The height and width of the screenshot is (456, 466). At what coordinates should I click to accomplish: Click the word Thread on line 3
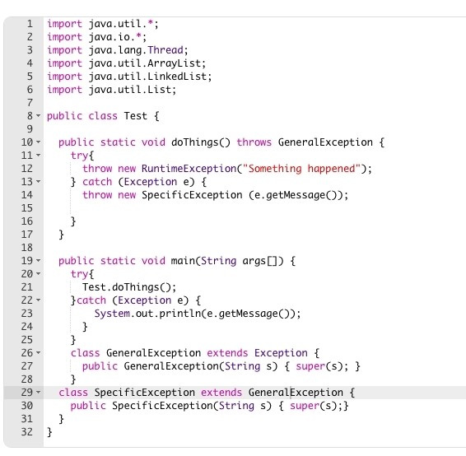coord(165,50)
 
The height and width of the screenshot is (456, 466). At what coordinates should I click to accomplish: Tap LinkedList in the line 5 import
coord(177,77)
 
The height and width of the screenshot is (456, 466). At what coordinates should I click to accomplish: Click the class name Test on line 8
coord(136,115)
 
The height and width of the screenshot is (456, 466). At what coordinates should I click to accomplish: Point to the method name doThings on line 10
coord(195,142)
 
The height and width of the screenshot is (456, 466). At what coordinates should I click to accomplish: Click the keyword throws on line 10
coord(254,142)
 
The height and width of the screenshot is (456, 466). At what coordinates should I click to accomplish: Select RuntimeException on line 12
coord(189,169)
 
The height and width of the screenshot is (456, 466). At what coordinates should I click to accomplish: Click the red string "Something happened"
coord(301,169)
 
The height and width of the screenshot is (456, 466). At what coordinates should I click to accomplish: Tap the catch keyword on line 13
coord(97,182)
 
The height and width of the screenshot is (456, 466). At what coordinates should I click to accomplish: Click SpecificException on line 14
coord(192,195)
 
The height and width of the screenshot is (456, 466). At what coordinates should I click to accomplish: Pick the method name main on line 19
coord(183,261)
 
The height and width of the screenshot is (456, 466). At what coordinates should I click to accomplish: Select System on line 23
coord(112,314)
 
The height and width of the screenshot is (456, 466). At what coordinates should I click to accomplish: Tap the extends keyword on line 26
coord(227,353)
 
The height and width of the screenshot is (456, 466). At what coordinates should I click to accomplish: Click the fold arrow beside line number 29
coord(39,393)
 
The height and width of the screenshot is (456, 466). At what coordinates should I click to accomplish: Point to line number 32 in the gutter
coord(26,431)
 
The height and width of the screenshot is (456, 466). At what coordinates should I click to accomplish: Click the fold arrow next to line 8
coord(39,115)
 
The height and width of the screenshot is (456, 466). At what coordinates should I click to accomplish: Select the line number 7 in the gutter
coord(30,103)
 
